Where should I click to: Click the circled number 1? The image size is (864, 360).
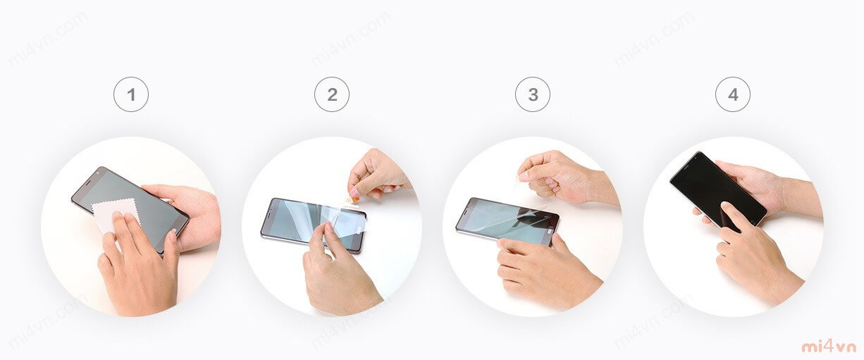click(x=131, y=94)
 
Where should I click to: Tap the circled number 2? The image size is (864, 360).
click(x=332, y=94)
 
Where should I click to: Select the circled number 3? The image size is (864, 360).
click(x=533, y=94)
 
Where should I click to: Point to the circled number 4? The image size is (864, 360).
click(x=733, y=94)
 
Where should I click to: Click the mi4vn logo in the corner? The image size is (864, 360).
click(x=829, y=347)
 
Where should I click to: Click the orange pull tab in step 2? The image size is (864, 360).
click(x=354, y=199)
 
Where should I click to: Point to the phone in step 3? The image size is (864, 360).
click(x=507, y=221)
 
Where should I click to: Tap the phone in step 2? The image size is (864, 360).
click(x=313, y=225)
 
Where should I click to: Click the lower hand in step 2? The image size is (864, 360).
click(x=340, y=270)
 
